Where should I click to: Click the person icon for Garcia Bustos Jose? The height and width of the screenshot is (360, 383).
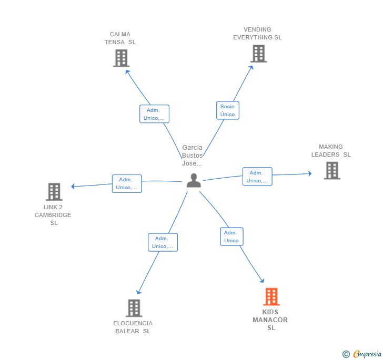pos(194,180)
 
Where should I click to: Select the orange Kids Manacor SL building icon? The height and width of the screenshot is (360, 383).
pos(271,296)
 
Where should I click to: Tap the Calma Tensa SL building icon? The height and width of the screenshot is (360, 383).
pos(121,58)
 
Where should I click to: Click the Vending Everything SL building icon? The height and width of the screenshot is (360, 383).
pos(259,54)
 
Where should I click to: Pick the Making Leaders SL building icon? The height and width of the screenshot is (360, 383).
pos(332,171)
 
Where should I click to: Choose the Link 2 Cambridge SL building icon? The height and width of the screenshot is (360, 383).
pos(54,192)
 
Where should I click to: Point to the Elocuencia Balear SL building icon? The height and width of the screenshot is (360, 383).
pos(134,308)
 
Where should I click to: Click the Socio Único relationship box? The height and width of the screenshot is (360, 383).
pos(228,110)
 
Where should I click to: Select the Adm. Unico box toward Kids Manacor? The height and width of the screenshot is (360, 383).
pos(231,236)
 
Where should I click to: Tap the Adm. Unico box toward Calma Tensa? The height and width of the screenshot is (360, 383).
pos(154,114)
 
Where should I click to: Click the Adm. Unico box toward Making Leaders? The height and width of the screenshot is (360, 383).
pos(257,177)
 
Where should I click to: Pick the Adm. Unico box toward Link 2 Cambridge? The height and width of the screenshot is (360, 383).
pos(127,183)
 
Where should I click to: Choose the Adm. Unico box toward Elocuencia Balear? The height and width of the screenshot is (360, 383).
pos(163,242)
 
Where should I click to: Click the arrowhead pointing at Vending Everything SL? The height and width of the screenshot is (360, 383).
pos(251,67)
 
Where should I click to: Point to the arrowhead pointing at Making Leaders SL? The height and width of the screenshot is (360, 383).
pos(310,173)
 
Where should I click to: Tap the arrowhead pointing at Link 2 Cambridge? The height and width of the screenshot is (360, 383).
pos(73,187)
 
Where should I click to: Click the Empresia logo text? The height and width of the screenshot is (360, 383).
pos(367,354)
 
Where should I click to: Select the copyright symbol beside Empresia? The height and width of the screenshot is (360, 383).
pos(346,354)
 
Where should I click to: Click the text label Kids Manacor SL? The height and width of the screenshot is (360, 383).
pos(270,320)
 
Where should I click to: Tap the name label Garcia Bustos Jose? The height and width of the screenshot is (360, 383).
pos(193,155)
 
